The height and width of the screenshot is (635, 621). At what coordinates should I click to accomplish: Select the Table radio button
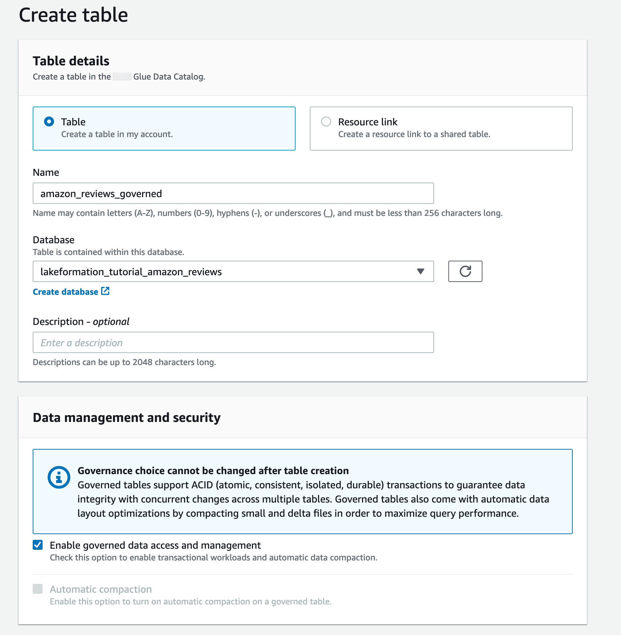(x=49, y=122)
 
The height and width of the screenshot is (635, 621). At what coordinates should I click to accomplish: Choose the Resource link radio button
(x=326, y=122)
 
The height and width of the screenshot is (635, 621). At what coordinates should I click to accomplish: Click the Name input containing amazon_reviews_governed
(x=233, y=194)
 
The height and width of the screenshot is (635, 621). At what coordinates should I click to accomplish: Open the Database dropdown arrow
(x=421, y=272)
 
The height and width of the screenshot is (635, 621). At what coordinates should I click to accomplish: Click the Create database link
(x=65, y=292)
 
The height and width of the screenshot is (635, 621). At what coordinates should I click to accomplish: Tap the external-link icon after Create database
(x=106, y=291)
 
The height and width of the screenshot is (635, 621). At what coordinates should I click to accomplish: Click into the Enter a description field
(x=233, y=343)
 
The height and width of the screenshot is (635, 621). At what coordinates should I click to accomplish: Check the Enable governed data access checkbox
(x=38, y=545)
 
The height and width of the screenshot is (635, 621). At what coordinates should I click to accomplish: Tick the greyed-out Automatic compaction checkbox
(x=38, y=589)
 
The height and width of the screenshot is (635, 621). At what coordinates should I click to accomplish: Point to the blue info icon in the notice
(x=59, y=477)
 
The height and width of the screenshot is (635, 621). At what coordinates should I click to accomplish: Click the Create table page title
(x=73, y=15)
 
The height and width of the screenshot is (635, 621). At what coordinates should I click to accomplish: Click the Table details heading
(x=71, y=61)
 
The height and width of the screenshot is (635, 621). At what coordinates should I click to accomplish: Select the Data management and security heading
(x=126, y=418)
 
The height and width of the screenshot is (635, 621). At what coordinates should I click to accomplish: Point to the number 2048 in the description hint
(x=142, y=362)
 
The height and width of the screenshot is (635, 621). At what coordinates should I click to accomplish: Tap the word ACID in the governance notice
(x=202, y=485)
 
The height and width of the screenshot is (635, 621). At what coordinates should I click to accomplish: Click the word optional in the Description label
(x=111, y=322)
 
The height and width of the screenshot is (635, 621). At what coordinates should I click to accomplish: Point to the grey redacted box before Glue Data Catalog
(x=122, y=77)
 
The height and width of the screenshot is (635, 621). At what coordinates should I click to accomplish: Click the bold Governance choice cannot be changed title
(x=213, y=471)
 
